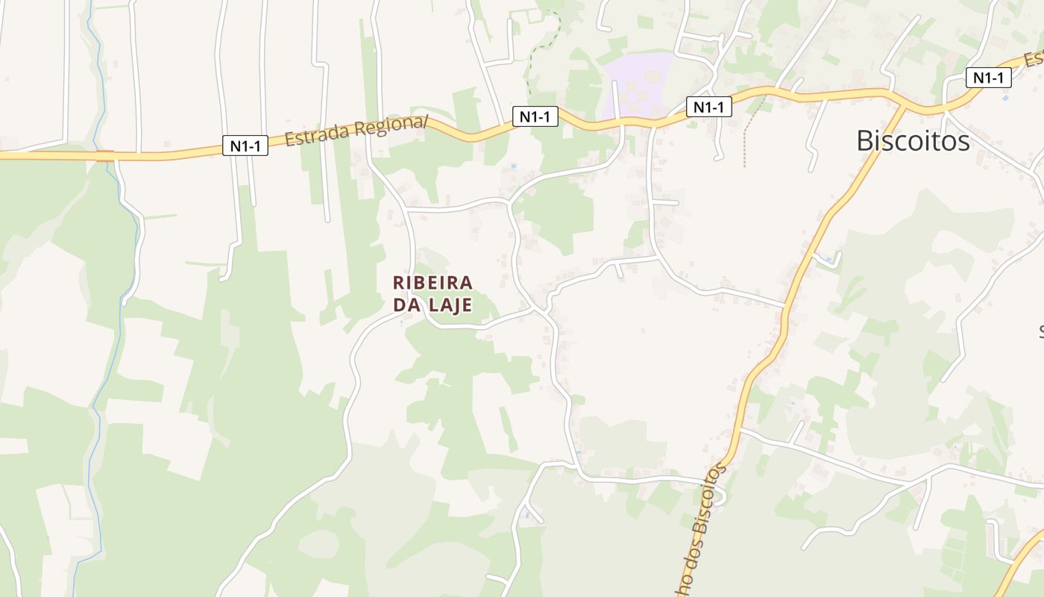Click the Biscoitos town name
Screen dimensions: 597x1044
(x=913, y=140)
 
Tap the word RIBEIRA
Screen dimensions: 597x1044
(x=433, y=283)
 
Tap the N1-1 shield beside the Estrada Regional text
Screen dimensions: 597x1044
(x=245, y=146)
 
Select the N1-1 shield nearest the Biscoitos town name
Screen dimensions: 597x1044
(x=988, y=78)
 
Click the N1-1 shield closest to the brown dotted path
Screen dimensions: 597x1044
(x=708, y=107)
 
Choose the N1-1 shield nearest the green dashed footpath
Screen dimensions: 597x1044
(x=535, y=116)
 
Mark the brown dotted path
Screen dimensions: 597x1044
(x=748, y=134)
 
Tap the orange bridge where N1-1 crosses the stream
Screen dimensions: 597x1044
(x=105, y=156)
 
